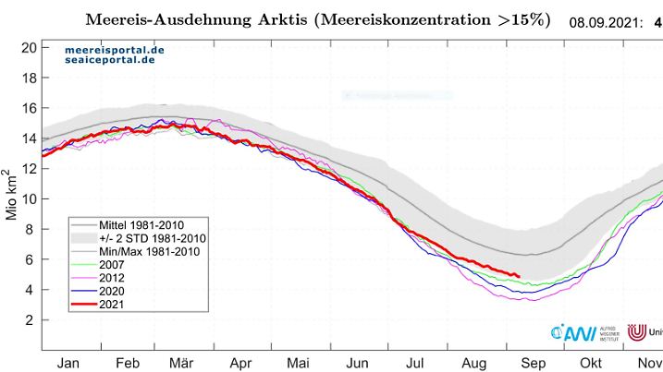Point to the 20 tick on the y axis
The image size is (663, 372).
click(x=27, y=47)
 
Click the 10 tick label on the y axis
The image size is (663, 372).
click(x=27, y=198)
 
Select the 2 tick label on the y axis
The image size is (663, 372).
click(x=31, y=319)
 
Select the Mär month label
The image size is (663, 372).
click(x=183, y=363)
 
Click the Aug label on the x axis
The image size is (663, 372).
click(x=473, y=363)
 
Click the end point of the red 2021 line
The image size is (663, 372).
click(x=519, y=276)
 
